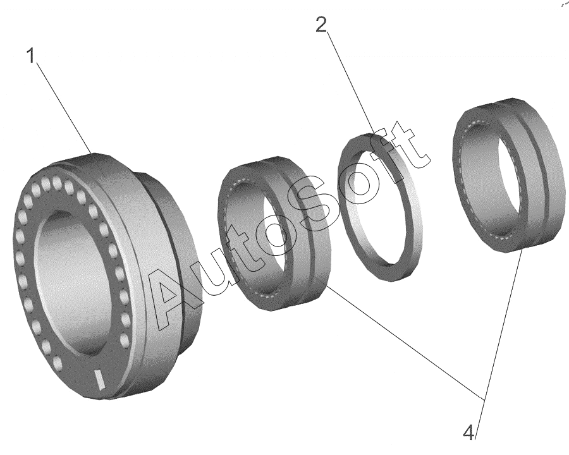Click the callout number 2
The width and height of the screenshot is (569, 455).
point(321,25)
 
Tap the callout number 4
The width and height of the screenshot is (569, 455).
point(469,432)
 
